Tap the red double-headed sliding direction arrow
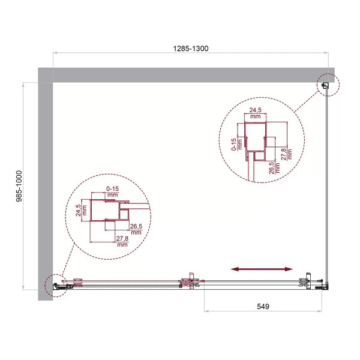tap(263, 270)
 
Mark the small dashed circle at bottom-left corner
tap(56, 287)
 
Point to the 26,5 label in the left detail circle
tap(136, 230)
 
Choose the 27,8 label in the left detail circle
tap(122, 241)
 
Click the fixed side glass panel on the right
tap(326, 186)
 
